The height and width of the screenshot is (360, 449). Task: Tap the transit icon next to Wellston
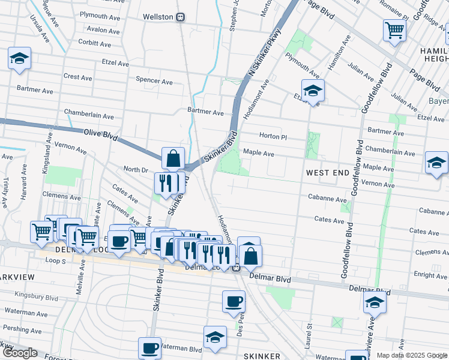[x=180, y=17]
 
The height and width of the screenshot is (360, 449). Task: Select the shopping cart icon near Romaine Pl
[x=394, y=29]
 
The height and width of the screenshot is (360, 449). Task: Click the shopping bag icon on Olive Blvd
[x=173, y=159]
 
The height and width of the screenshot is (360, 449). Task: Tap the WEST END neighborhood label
[x=328, y=173]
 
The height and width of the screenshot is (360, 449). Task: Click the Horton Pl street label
[x=274, y=136]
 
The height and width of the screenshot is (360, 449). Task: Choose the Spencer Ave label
[x=154, y=80]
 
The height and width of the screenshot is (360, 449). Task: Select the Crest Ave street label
[x=78, y=77]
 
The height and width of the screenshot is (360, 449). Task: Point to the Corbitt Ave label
[x=94, y=44]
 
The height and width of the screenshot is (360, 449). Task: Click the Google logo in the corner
[x=20, y=353]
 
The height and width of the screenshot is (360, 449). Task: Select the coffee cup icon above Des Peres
[x=234, y=301]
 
